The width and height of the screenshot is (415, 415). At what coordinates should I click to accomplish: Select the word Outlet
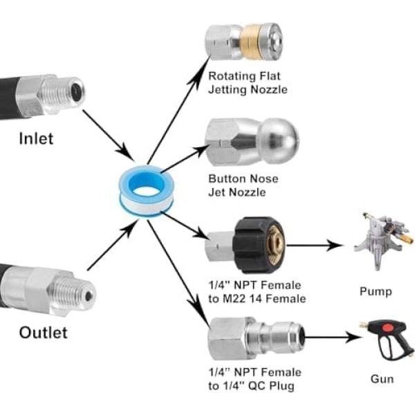point(43,333)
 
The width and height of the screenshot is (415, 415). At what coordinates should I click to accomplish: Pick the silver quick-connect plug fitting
point(255,339)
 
